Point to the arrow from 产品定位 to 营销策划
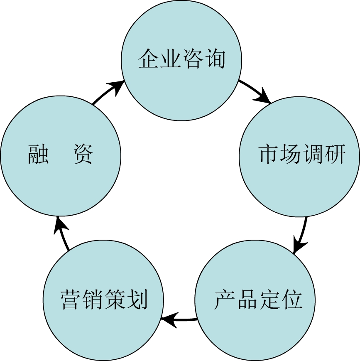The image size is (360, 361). [179, 320]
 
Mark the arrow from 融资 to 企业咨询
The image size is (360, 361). [108, 93]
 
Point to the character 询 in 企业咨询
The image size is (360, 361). [214, 59]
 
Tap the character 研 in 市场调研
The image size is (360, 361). [335, 155]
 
